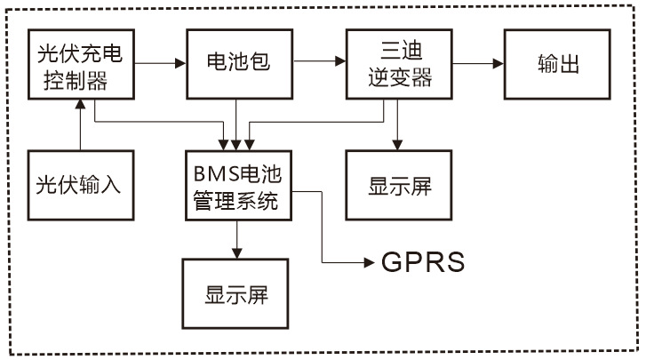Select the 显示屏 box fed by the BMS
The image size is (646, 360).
(235, 295)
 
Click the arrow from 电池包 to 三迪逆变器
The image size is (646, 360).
(320, 62)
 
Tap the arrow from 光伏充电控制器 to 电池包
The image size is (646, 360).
(160, 62)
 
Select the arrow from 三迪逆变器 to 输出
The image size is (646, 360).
(480, 62)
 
